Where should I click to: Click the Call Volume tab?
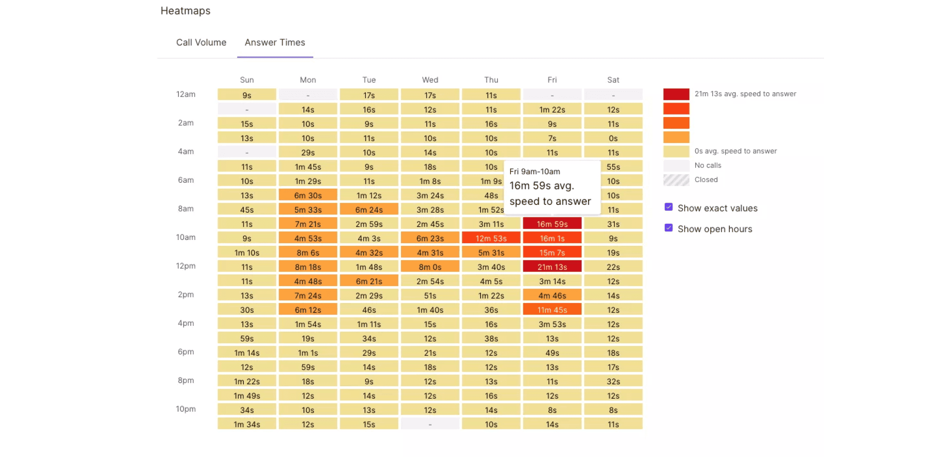[201, 42]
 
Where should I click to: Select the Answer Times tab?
[275, 42]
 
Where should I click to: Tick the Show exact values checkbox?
[668, 207]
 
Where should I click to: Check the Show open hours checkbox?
[668, 228]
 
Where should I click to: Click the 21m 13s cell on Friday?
[552, 267]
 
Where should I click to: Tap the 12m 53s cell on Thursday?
[491, 238]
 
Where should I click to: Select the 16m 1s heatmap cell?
[552, 238]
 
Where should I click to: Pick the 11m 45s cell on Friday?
[552, 310]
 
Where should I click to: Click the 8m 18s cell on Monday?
[308, 267]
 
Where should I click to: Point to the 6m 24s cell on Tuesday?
[369, 209]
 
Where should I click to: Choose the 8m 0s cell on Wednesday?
[430, 267]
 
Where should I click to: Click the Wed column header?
[430, 80]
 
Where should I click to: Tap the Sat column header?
[613, 80]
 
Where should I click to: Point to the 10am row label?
[186, 237]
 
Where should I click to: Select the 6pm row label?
[186, 351]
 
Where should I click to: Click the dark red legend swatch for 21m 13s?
[676, 94]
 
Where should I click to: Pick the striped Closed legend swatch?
[676, 180]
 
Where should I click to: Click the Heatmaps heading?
[185, 11]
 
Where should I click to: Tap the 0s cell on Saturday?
[613, 138]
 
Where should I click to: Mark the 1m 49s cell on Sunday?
[247, 395]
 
